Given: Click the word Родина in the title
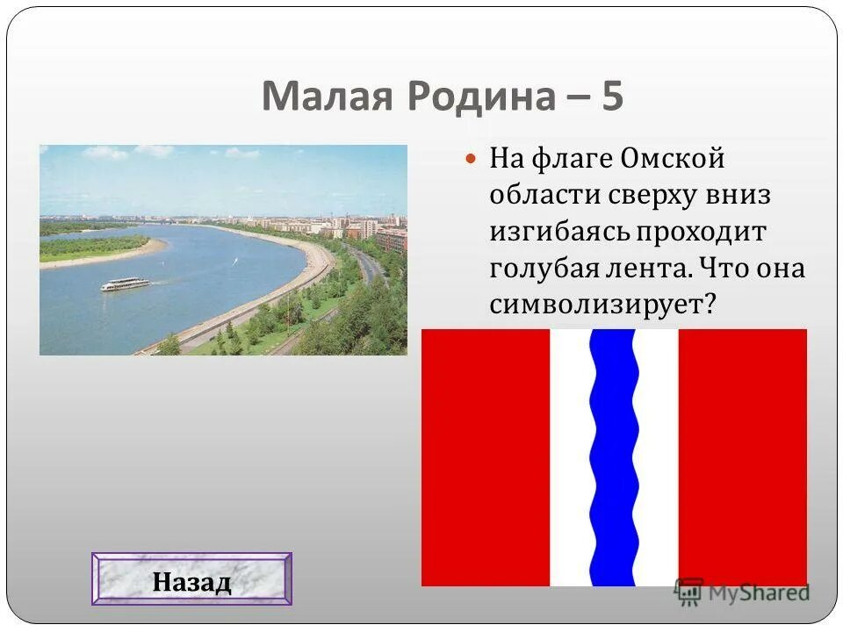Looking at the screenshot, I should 474,97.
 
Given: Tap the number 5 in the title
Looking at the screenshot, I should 612,97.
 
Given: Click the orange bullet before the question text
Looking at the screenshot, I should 471,161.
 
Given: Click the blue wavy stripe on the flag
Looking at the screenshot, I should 613,456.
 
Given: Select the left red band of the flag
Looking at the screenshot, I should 485,456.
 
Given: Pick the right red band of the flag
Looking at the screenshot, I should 742,456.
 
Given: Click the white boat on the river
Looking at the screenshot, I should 125,284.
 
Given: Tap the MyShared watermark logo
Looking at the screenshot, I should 742,592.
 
